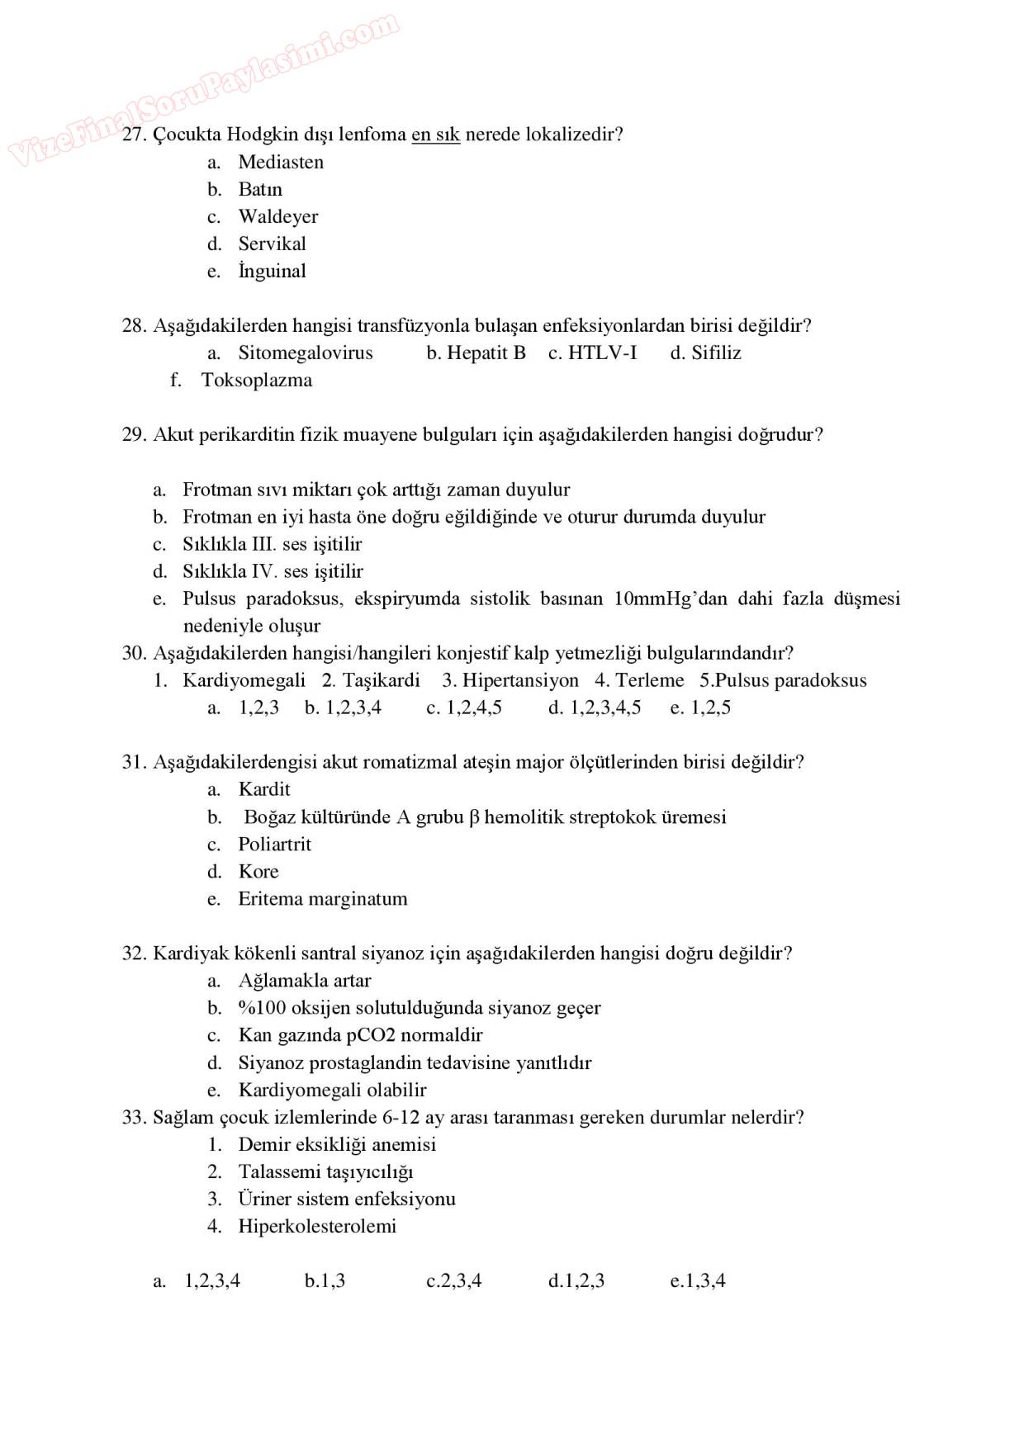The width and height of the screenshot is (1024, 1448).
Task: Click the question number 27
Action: point(133,135)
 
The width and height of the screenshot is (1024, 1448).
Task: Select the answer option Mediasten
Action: point(281,162)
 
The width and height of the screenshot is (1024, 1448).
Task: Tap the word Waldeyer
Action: point(277,216)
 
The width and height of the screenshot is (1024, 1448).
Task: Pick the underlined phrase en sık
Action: point(435,135)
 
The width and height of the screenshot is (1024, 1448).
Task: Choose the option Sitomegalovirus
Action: point(306,353)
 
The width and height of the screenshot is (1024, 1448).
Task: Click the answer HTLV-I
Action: point(602,353)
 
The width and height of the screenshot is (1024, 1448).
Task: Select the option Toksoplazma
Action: point(257,381)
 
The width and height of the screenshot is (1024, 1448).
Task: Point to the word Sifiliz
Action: point(716,353)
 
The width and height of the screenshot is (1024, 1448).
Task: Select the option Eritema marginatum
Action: point(323,899)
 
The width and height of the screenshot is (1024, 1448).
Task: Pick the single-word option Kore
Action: point(258,872)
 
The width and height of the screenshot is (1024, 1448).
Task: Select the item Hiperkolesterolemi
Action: point(317,1227)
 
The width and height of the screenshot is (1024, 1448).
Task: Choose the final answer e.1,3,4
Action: point(698,1281)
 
